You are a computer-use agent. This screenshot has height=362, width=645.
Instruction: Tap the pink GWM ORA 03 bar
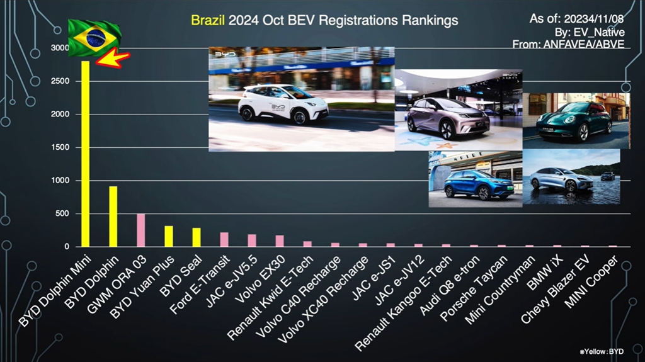[x=140, y=230]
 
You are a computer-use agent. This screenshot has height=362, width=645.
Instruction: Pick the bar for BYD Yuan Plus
[x=169, y=236]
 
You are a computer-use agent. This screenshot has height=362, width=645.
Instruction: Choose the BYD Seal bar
[x=197, y=237]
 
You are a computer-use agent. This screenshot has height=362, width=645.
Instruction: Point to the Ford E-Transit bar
[x=224, y=239]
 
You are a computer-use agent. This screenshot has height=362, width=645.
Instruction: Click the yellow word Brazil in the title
[x=208, y=20]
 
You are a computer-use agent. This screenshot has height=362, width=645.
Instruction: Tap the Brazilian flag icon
[x=94, y=37]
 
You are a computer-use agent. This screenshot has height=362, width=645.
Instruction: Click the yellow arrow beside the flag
[x=113, y=59]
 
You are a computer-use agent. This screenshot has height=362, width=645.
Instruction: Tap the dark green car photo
[x=576, y=120]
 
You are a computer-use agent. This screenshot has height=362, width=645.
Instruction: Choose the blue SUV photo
[x=475, y=179]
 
